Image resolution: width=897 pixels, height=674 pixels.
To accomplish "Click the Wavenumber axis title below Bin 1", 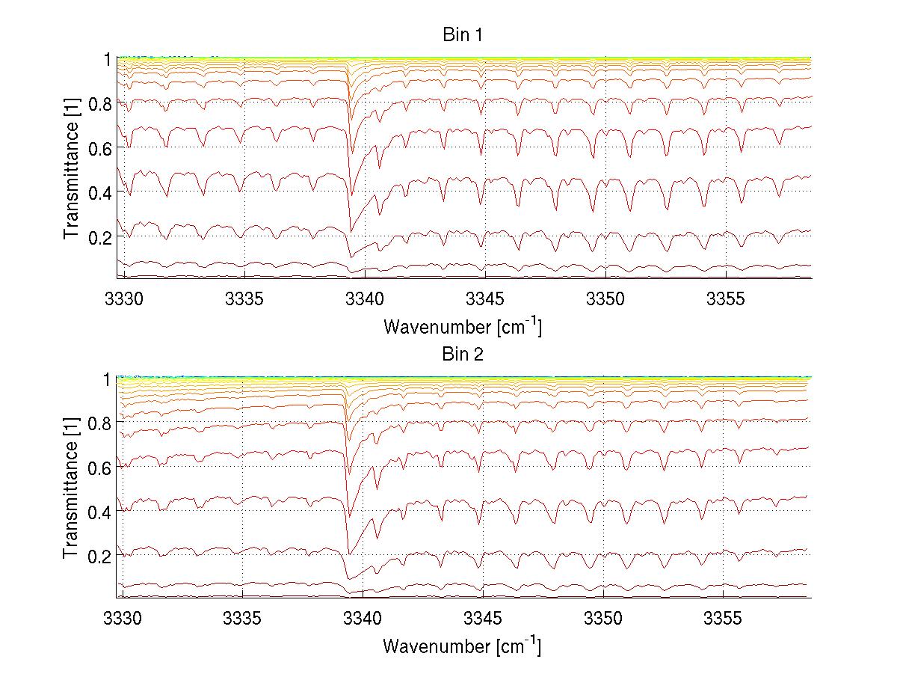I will tap(462, 326).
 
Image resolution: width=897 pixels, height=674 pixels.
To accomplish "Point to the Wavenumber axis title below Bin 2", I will tap(462, 646).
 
